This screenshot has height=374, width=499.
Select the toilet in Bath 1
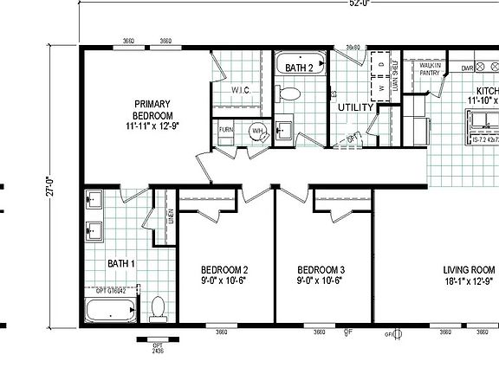tap(158, 307)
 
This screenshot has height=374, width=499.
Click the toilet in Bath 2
tap(290, 93)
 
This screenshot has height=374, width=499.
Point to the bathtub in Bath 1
tap(111, 310)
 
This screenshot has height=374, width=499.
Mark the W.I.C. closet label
tap(241, 89)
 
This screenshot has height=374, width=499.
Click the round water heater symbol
tap(257, 132)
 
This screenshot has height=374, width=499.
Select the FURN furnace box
tap(226, 130)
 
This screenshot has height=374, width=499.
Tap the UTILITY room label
tap(355, 107)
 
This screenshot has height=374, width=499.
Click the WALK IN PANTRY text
tap(431, 69)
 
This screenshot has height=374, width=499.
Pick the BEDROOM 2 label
tap(224, 274)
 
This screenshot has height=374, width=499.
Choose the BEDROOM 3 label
tap(321, 274)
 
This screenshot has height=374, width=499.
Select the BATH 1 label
tap(120, 263)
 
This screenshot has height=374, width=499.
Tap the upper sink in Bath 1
tap(94, 201)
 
